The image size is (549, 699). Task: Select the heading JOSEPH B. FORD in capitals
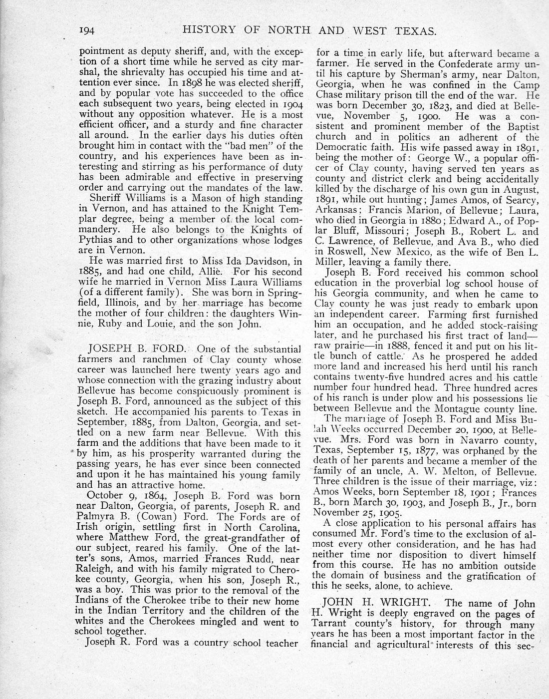click(137, 349)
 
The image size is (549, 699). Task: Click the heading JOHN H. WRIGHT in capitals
click(379, 603)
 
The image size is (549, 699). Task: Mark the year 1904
click(288, 104)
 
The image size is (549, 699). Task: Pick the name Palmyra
click(97, 517)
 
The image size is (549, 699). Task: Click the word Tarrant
click(332, 624)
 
